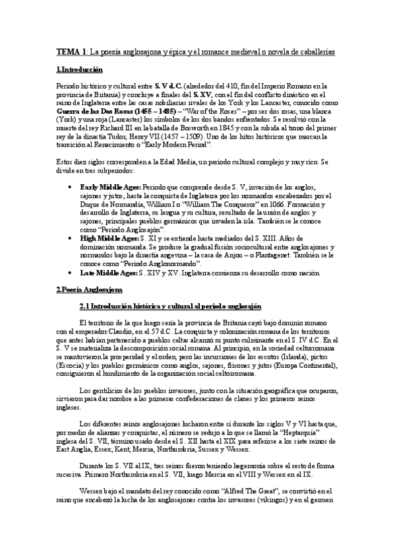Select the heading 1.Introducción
(79, 69)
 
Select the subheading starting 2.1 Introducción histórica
(169, 307)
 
